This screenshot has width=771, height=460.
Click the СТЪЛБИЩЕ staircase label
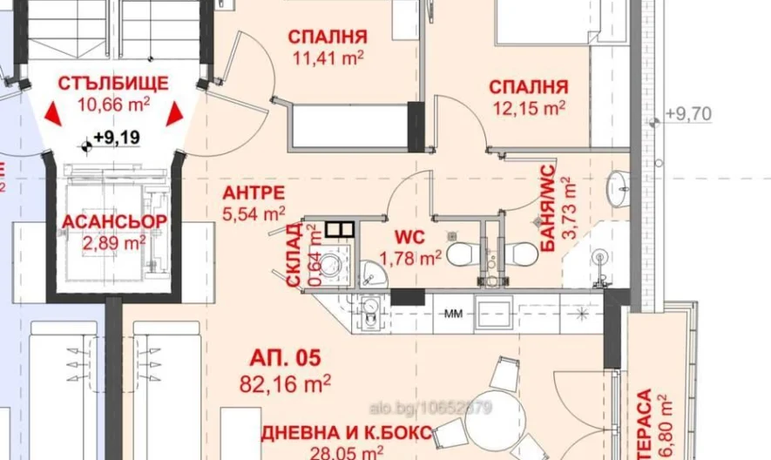[x=113, y=84]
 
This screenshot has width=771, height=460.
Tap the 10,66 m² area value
[x=113, y=105]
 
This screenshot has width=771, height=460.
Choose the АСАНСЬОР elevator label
[x=114, y=221]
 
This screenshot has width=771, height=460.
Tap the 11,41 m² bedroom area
[x=328, y=58]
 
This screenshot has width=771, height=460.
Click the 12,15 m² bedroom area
[x=528, y=108]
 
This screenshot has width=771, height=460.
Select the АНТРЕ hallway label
[x=253, y=193]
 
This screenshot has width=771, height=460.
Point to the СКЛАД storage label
[x=294, y=254]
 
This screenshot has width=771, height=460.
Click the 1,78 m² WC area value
[x=411, y=258]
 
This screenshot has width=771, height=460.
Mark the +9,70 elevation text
[x=687, y=113]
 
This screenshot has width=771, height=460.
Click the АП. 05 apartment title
[x=286, y=357]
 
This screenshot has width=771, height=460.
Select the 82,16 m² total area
[x=286, y=381]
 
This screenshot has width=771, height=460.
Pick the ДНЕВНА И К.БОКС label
[x=345, y=433]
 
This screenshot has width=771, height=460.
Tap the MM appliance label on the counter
[x=454, y=311]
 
